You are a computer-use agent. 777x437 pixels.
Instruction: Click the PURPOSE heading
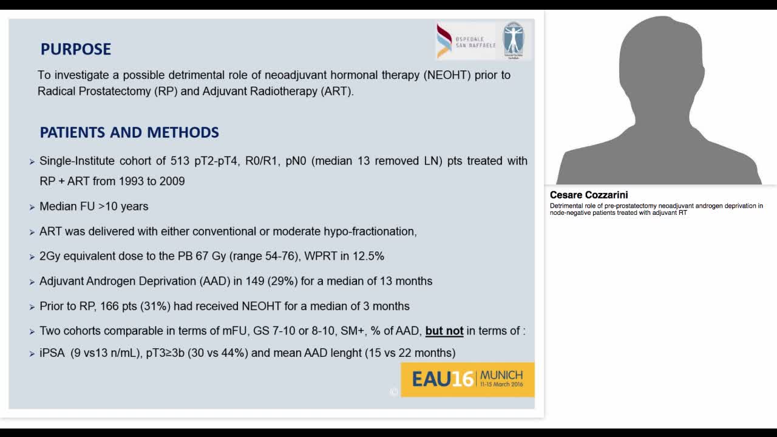click(x=75, y=49)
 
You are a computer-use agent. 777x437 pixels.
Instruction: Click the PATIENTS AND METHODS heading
click(x=129, y=132)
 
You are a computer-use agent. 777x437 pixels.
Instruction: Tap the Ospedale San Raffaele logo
click(x=466, y=41)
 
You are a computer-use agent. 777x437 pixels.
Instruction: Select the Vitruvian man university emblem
click(x=514, y=40)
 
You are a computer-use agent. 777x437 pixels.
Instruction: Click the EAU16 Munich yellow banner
click(x=467, y=379)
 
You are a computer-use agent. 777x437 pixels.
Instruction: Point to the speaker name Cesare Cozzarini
click(x=589, y=195)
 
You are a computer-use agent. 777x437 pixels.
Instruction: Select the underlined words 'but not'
click(x=444, y=331)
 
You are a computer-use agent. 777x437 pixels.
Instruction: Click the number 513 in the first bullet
click(x=187, y=161)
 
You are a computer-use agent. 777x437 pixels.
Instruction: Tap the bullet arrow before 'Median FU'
click(x=32, y=207)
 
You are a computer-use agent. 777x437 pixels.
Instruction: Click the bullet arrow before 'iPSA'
click(x=32, y=353)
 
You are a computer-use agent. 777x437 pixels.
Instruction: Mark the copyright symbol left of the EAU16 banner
click(x=393, y=392)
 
